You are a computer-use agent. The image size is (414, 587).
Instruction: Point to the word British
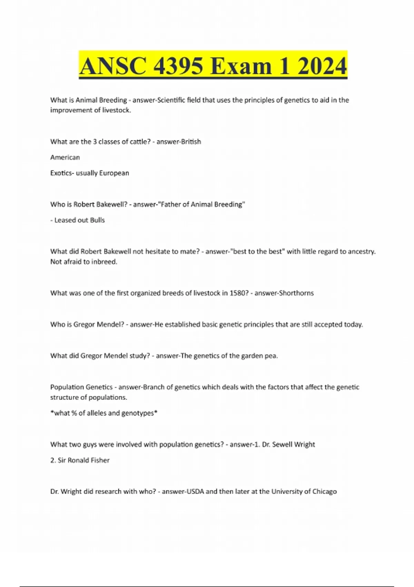point(190,142)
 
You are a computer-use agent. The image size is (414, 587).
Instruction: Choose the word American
point(65,157)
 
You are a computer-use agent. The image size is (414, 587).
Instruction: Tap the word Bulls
point(97,220)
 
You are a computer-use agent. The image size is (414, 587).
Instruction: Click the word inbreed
point(104,262)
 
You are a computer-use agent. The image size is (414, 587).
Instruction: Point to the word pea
point(271,356)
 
